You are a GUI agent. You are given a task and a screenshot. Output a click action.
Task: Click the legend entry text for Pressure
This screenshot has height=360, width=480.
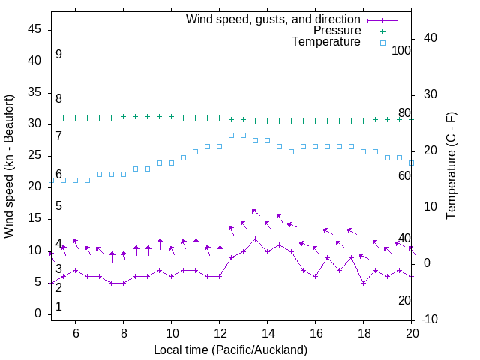pos(337,31)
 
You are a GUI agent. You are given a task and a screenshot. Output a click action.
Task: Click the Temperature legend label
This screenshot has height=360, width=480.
pos(326,42)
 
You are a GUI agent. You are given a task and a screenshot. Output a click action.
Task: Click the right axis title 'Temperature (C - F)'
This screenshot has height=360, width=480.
pos(451,166)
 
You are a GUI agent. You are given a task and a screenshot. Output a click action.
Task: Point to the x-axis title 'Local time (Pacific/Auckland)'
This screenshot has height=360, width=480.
pos(230,349)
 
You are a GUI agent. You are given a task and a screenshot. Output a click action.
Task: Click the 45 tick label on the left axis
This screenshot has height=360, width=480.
pos(34,29)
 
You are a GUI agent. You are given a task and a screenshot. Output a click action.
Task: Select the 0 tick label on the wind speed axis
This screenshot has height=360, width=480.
pos(37,314)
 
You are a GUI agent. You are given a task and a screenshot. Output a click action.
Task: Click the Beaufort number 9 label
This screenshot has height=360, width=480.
pos(58,55)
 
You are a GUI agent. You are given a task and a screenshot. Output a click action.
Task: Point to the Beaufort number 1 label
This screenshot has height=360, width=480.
pos(58,307)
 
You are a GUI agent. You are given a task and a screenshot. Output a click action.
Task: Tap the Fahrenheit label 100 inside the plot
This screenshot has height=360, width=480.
pos(401,50)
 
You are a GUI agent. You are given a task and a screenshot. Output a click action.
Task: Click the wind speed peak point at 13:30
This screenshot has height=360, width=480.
pos(255,239)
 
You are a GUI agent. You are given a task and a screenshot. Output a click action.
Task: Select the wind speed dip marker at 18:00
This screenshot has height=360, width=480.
pos(363,283)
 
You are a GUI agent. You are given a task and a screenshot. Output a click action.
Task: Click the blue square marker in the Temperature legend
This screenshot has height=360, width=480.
pos(382,43)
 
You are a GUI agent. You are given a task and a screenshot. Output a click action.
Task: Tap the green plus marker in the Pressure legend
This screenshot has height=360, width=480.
pos(382,31)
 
